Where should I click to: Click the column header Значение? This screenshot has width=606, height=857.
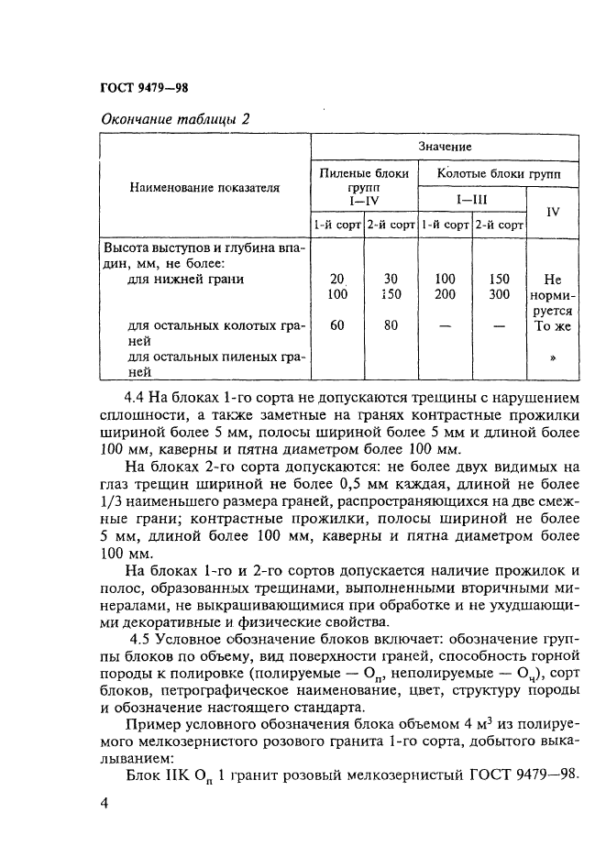pos(446,147)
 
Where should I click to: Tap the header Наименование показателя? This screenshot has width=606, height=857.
pos(204,187)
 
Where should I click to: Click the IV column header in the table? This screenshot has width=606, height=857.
pos(553,211)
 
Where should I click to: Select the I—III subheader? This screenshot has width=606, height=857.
pos(471,196)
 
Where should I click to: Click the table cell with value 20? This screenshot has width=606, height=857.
pos(336,279)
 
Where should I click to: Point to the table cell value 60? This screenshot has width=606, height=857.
pos(336,324)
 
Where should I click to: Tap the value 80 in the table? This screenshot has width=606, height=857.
pos(391,324)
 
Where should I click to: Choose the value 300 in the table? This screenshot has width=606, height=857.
pos(499,294)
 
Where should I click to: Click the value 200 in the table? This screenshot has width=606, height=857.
pos(445,294)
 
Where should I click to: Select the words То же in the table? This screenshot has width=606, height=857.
pos(553,325)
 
